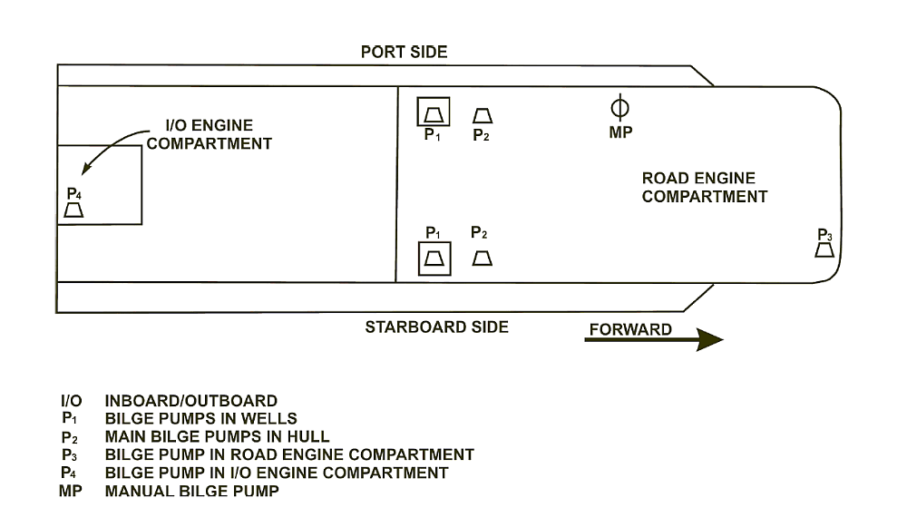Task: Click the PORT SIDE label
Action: [404, 52]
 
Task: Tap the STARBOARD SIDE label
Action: [436, 327]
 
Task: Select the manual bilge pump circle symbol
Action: [620, 108]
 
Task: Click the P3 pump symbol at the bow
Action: [824, 249]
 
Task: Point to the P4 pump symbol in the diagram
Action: [74, 210]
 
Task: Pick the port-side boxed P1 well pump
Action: [433, 114]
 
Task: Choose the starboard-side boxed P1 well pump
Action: [434, 259]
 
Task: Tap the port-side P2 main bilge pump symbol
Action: [483, 115]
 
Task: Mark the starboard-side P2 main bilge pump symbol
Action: [482, 259]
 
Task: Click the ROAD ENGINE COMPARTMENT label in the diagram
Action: [704, 188]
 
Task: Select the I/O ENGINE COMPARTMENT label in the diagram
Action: [210, 134]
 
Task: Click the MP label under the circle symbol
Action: [620, 132]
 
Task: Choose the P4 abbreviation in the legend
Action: [70, 473]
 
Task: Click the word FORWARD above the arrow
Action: [630, 329]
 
